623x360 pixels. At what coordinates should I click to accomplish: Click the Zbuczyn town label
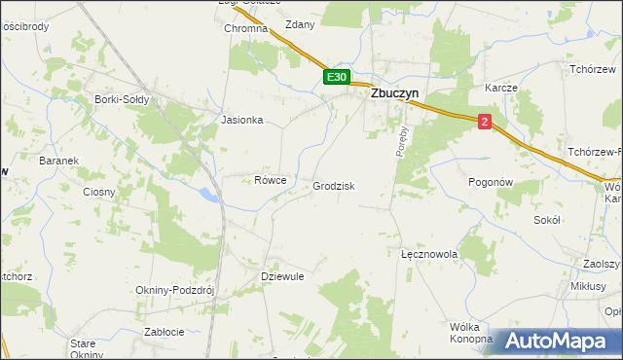point(398,95)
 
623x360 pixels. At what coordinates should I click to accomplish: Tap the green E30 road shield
point(336,77)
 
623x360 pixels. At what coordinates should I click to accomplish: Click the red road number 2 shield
point(485,121)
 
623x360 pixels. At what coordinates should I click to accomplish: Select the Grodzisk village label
point(333,186)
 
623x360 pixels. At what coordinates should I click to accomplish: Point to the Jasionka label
point(242,121)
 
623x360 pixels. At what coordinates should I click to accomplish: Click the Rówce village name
point(270,180)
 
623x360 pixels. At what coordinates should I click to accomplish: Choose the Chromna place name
point(245,29)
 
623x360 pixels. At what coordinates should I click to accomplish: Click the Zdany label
point(300,25)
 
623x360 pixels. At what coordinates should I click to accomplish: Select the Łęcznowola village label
point(429,253)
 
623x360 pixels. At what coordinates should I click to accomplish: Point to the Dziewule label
point(283,276)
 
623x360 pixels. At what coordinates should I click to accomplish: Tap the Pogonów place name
point(490,182)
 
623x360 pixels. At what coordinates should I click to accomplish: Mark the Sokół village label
point(547,221)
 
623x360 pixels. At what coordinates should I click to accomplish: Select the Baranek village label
point(57,161)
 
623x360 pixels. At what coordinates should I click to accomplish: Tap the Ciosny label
point(99,192)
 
